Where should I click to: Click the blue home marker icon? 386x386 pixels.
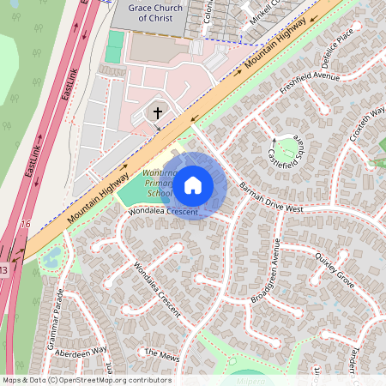click(193, 185)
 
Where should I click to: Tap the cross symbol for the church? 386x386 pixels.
click(158, 112)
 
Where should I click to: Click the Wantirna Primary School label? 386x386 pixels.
click(159, 184)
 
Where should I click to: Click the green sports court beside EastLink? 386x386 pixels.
click(115, 47)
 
